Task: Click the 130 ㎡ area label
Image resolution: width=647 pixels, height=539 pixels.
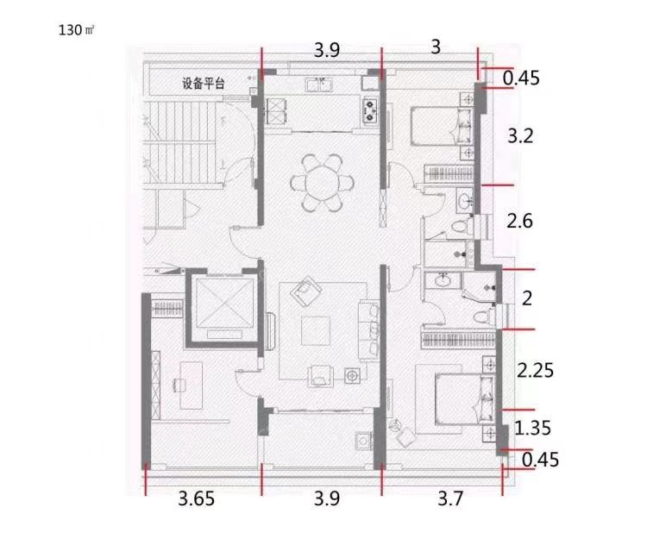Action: [x=76, y=30]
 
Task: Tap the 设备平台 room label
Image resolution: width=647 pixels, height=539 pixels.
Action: [x=204, y=84]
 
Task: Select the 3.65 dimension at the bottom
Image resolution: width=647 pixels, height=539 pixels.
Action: [x=197, y=498]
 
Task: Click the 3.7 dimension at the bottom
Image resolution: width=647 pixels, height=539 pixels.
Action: [x=450, y=498]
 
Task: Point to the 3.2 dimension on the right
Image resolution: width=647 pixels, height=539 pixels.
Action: [x=520, y=135]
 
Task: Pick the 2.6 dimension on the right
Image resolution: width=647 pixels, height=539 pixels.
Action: [x=520, y=221]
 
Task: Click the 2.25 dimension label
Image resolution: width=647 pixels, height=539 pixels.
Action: [x=535, y=370]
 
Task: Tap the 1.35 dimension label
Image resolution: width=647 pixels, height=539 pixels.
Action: [x=533, y=428]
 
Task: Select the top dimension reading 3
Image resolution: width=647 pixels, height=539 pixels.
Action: [x=436, y=47]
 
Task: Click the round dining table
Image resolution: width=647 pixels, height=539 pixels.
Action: [x=323, y=183]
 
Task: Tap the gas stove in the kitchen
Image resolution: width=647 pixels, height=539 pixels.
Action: [x=370, y=111]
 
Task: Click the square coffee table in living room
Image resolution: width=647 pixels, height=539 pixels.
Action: [x=316, y=331]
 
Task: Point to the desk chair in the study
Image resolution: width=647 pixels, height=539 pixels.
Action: [x=179, y=385]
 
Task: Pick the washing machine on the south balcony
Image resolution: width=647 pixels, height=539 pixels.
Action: [x=362, y=441]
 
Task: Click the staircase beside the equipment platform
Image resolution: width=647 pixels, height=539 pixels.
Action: [x=181, y=143]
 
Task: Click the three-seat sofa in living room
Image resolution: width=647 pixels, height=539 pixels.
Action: [x=369, y=330]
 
